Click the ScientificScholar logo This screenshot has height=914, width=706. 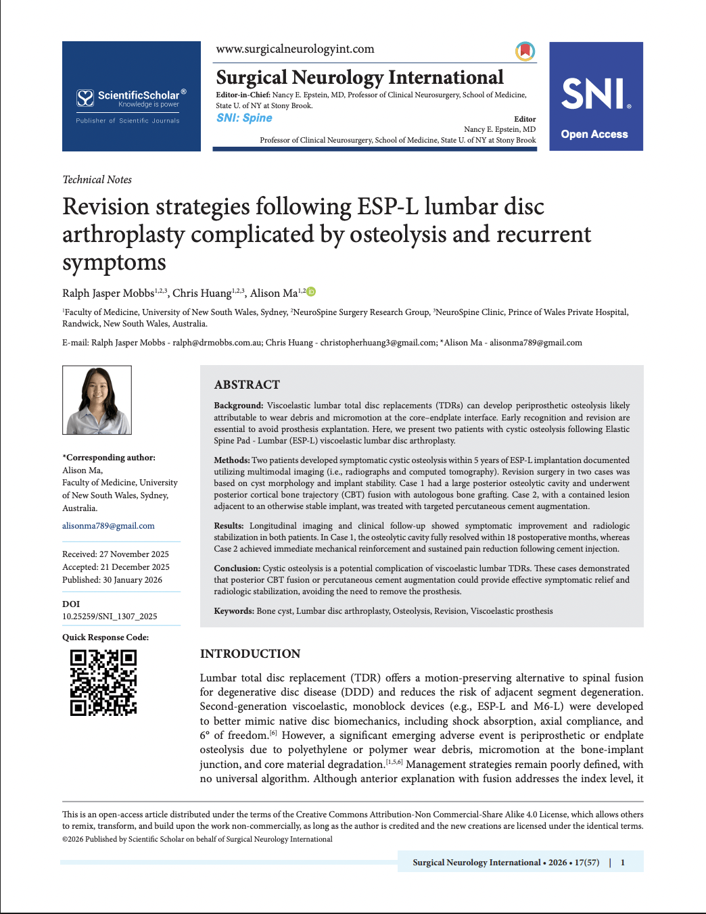tap(131, 99)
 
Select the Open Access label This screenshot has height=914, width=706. tap(594, 134)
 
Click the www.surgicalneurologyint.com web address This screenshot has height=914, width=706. tap(295, 49)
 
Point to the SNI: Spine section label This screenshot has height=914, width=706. tap(244, 118)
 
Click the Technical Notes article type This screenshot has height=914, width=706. tap(97, 179)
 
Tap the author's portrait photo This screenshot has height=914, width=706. tap(97, 400)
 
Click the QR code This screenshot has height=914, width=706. tap(103, 682)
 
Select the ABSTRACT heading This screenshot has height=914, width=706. tap(247, 385)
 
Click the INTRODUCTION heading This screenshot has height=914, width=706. tap(250, 654)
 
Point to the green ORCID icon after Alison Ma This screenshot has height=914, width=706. tap(311, 292)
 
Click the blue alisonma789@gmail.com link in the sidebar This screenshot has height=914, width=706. tap(108, 525)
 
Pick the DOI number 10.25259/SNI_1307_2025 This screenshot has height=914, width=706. tap(110, 616)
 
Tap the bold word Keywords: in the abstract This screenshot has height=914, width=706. tap(234, 611)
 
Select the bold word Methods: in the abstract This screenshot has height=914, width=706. tap(232, 460)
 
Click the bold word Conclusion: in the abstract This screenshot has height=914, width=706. tap(237, 569)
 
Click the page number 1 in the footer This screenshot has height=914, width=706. tap(623, 862)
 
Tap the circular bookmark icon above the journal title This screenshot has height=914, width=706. tap(525, 51)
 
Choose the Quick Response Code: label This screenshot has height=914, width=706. tap(105, 637)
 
